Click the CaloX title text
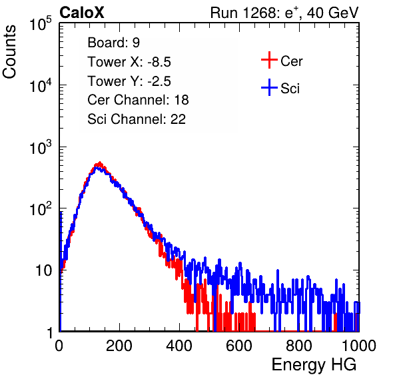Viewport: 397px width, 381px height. point(82,13)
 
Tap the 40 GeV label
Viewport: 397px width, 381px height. point(332,13)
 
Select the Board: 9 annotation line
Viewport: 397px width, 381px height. point(113,43)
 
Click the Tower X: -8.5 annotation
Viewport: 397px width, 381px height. point(129,62)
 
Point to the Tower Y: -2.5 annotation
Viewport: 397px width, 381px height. point(129,81)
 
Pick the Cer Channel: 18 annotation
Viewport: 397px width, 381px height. point(138,100)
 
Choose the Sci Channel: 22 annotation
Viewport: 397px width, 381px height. point(137,119)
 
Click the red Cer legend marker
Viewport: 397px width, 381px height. point(269,60)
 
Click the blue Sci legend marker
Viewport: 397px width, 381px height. point(269,87)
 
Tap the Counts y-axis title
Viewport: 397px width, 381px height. point(9,52)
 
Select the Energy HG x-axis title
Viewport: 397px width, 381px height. point(314,365)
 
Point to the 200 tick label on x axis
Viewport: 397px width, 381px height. point(119,346)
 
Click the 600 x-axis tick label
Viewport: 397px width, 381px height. point(239,346)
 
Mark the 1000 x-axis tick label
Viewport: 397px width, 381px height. point(359,346)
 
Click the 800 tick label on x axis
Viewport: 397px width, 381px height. point(299,346)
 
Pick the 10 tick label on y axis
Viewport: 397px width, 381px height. point(44,270)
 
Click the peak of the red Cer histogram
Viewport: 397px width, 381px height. point(99,163)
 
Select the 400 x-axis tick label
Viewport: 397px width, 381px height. point(179,346)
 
